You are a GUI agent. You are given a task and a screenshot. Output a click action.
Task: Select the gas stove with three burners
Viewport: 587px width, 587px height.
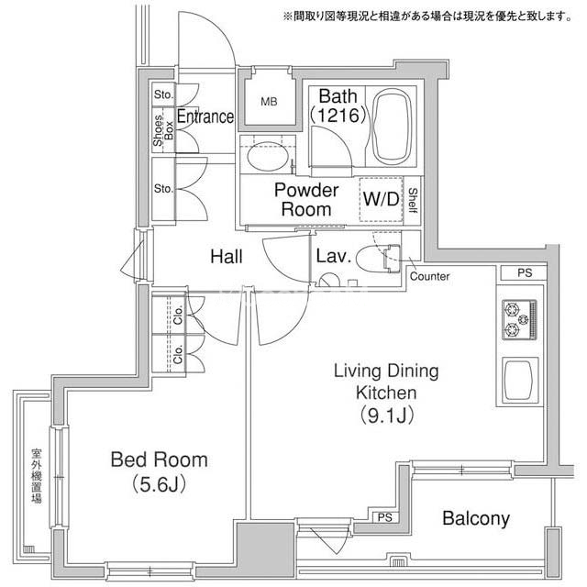pyautogui.click(x=519, y=320)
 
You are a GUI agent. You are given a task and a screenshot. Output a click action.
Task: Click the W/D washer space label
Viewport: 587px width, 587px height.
pyautogui.click(x=382, y=198)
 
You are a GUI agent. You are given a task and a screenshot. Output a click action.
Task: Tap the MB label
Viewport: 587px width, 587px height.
pyautogui.click(x=269, y=102)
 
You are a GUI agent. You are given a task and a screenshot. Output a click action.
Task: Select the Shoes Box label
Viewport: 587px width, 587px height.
pyautogui.click(x=163, y=130)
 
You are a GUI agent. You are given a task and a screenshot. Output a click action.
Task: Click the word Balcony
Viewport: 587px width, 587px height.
pyautogui.click(x=476, y=519)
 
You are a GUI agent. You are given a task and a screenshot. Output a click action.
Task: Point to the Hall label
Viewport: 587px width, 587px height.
pyautogui.click(x=227, y=257)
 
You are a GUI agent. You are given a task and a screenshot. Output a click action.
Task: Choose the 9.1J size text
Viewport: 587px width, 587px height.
pyautogui.click(x=386, y=415)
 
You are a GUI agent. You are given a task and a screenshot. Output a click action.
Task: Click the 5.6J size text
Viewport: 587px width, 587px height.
pyautogui.click(x=159, y=485)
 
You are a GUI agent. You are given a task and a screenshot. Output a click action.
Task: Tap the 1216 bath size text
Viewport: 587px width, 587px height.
pyautogui.click(x=338, y=116)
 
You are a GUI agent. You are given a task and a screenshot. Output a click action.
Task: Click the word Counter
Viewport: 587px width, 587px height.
pyautogui.click(x=429, y=277)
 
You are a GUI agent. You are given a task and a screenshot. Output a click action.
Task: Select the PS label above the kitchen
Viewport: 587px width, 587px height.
pyautogui.click(x=525, y=273)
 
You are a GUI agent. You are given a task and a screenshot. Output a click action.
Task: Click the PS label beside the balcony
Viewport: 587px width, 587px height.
pyautogui.click(x=384, y=517)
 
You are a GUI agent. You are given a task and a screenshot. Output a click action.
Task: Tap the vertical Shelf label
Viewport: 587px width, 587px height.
pyautogui.click(x=413, y=201)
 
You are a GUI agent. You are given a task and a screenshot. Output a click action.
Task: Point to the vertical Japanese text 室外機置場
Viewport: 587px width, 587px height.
pyautogui.click(x=37, y=476)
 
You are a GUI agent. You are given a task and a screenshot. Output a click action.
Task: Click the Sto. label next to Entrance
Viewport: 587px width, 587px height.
pyautogui.click(x=163, y=94)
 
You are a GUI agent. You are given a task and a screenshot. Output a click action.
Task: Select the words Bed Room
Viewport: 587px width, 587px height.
pyautogui.click(x=159, y=460)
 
